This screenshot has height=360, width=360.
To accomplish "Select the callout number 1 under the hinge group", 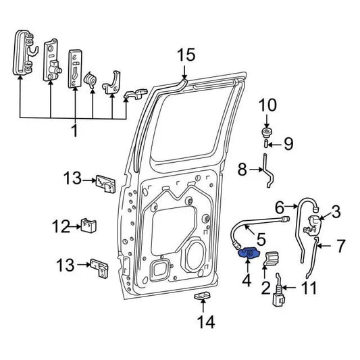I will pyautogui.click(x=74, y=128).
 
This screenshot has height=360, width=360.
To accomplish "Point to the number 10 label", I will pyautogui.click(x=268, y=105).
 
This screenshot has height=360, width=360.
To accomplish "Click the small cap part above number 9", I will pyautogui.click(x=267, y=130).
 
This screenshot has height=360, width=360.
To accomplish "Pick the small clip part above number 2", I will pyautogui.click(x=272, y=258).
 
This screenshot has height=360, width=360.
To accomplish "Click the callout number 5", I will pyautogui.click(x=261, y=237).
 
